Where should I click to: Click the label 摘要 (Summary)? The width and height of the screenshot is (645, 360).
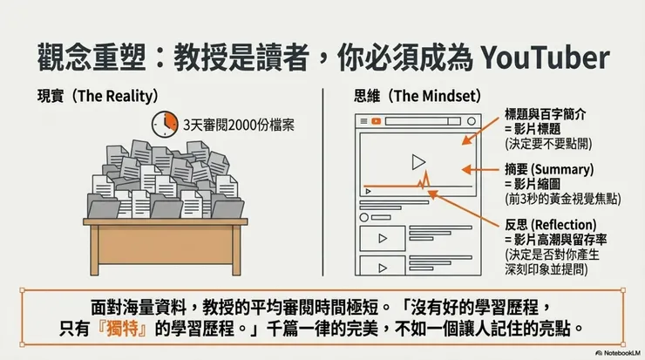click(549, 168)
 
